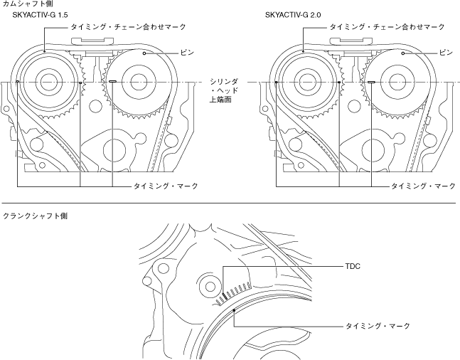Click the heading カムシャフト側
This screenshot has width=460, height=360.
[x=23, y=4]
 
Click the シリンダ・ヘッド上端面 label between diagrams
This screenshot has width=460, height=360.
[x=219, y=91]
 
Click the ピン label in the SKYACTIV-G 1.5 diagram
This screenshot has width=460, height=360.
[x=187, y=52]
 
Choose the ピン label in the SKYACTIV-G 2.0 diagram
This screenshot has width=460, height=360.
[x=446, y=52]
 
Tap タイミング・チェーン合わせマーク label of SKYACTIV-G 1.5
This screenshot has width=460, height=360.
[x=129, y=26]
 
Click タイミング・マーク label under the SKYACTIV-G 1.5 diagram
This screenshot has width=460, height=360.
[x=165, y=186]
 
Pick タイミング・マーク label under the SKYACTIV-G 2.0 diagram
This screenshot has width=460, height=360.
[x=423, y=186]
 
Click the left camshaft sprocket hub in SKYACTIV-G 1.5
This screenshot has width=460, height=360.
[x=48, y=83]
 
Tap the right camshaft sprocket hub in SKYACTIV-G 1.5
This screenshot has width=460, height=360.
[x=131, y=83]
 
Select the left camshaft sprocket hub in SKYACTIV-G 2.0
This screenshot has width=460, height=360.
[x=306, y=83]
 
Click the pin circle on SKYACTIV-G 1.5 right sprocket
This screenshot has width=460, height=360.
[x=144, y=52]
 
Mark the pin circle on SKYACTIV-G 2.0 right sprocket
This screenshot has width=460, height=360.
[x=403, y=52]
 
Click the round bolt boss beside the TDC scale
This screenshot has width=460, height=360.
[x=211, y=287]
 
